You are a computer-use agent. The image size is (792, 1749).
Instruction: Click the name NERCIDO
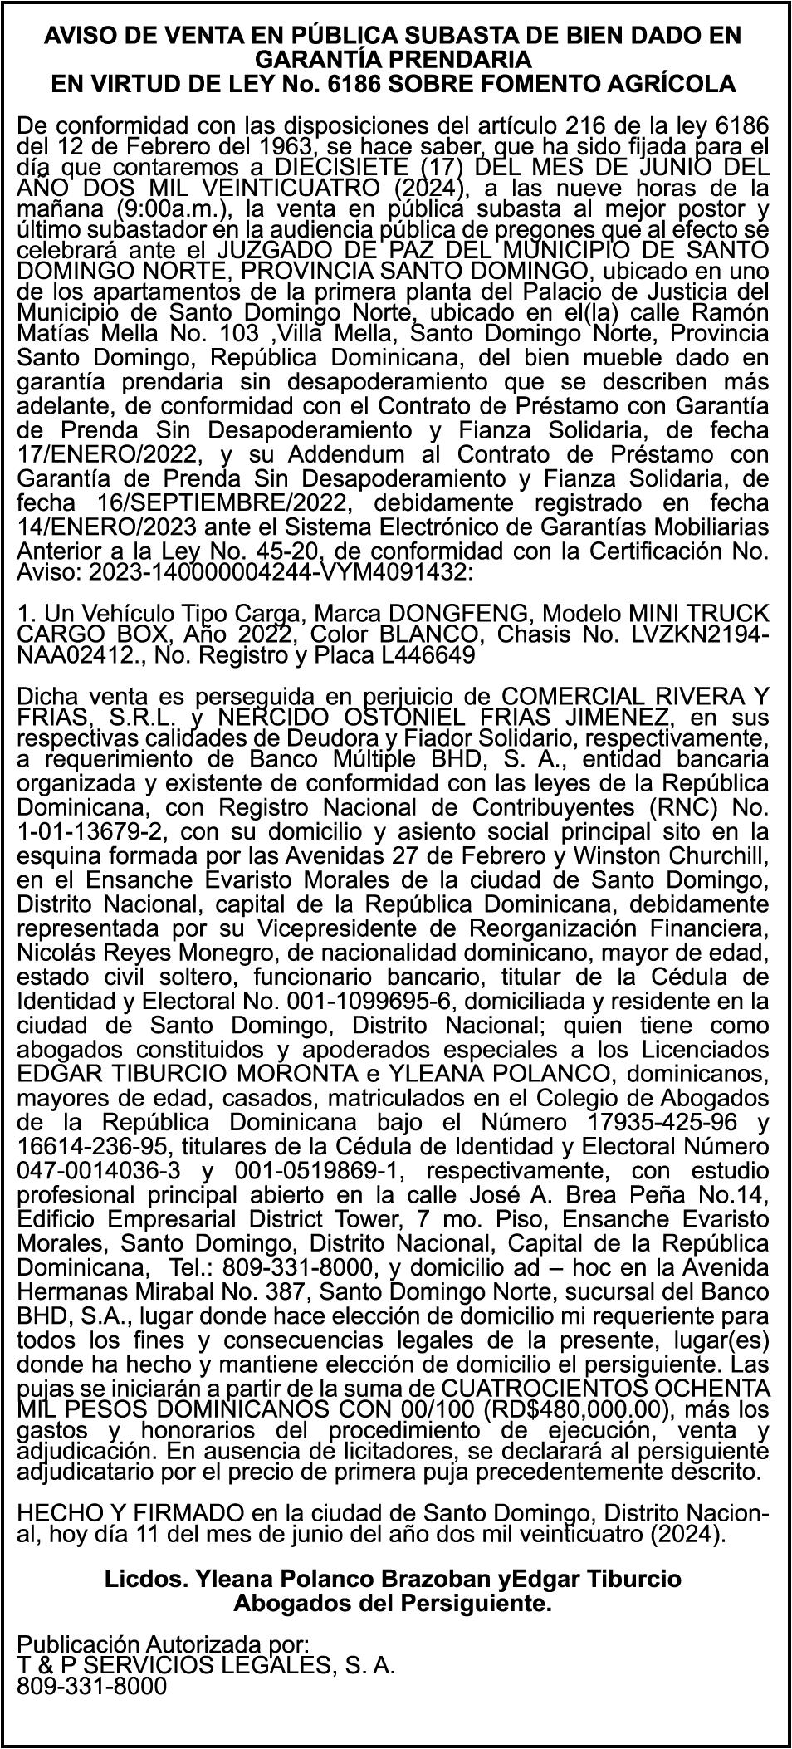pyautogui.click(x=278, y=717)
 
